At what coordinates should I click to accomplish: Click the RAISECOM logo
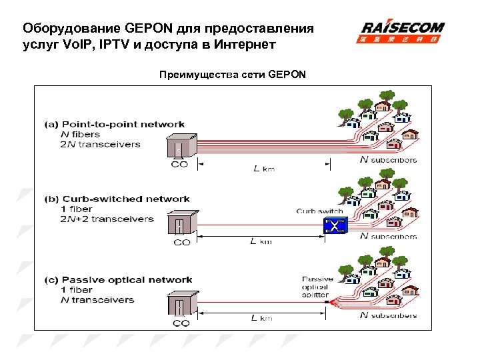click(x=402, y=32)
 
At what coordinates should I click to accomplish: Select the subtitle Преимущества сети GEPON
click(x=233, y=74)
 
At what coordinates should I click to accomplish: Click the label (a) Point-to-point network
click(x=115, y=124)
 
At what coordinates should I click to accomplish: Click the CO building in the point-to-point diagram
click(x=180, y=146)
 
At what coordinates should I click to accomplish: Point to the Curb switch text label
click(x=320, y=211)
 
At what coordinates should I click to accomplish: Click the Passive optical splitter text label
click(x=315, y=287)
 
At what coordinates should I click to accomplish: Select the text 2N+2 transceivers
click(x=107, y=219)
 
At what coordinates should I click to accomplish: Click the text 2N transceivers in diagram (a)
click(x=101, y=144)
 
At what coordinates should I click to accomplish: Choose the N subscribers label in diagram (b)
click(x=388, y=236)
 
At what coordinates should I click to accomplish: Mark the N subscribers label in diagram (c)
click(x=388, y=315)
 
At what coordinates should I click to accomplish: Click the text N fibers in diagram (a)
click(x=80, y=134)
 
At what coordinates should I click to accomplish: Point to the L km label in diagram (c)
click(x=262, y=318)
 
